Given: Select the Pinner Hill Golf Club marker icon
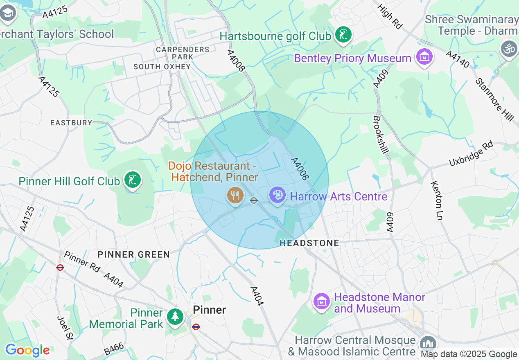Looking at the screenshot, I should pyautogui.click(x=133, y=180).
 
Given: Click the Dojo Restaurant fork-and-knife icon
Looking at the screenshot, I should pyautogui.click(x=235, y=196).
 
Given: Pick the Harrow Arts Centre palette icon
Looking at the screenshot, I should pyautogui.click(x=278, y=195).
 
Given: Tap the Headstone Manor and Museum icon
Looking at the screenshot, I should pyautogui.click(x=322, y=301).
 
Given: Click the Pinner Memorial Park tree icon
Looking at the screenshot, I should pyautogui.click(x=175, y=317).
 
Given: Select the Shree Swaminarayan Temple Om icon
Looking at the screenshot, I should pyautogui.click(x=509, y=49).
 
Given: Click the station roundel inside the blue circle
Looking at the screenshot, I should pyautogui.click(x=254, y=200).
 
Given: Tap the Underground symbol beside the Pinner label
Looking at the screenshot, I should pyautogui.click(x=196, y=327).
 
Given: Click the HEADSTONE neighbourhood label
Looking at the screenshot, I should pyautogui.click(x=309, y=243).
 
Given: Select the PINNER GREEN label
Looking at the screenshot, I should pyautogui.click(x=134, y=254).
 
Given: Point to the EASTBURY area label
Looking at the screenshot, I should pyautogui.click(x=71, y=123).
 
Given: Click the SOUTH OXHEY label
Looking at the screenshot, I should pyautogui.click(x=162, y=66).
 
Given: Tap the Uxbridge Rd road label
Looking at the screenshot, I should pyautogui.click(x=471, y=153).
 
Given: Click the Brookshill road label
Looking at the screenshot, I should pyautogui.click(x=381, y=135).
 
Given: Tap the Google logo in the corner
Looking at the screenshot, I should pyautogui.click(x=27, y=350).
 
